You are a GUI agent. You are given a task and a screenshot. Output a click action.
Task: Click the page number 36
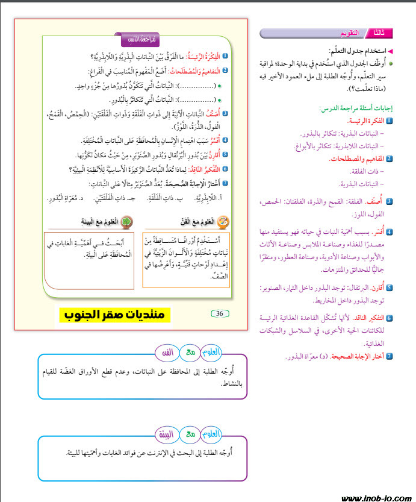pos(219,313)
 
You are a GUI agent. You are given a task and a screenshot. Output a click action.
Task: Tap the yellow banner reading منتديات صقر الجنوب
pos(116,315)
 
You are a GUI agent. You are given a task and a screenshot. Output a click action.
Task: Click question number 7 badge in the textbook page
pos(225,184)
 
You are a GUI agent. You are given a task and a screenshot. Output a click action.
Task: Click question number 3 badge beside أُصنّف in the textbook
pos(225,113)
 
